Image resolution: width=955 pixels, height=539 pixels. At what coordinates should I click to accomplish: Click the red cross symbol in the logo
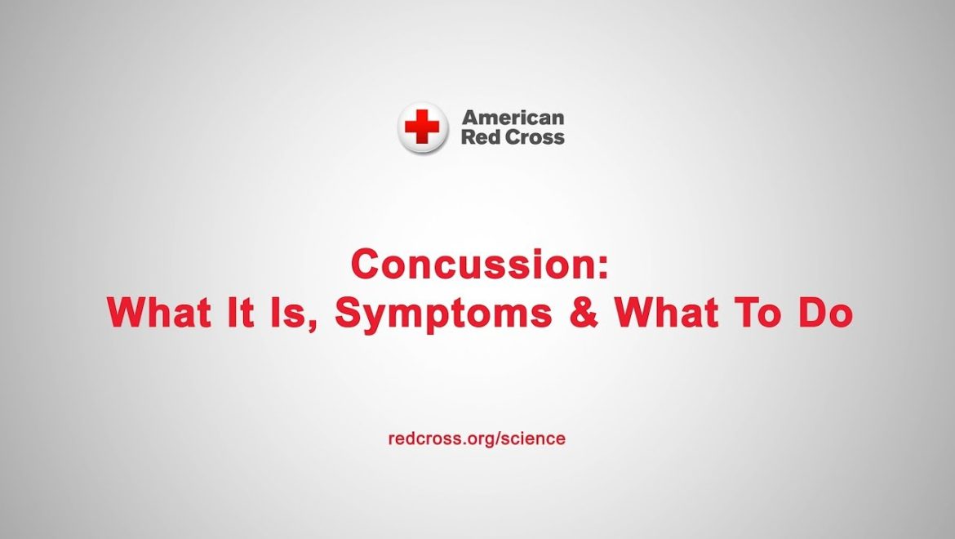(422, 126)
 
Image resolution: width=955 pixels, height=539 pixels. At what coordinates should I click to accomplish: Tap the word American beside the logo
(513, 117)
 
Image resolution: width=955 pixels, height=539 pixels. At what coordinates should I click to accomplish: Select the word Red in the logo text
(477, 136)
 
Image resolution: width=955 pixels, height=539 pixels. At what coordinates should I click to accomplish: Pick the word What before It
(159, 312)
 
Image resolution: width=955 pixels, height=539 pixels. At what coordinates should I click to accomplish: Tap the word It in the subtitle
(240, 312)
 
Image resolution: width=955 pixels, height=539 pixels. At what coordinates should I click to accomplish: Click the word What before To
(668, 312)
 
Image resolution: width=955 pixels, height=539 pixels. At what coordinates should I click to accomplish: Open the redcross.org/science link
(477, 439)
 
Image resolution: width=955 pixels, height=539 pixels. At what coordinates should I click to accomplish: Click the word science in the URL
(531, 439)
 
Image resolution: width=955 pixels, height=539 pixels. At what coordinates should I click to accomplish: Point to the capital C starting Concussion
(366, 265)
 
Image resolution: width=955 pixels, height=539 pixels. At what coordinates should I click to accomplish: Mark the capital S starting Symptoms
(349, 312)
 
